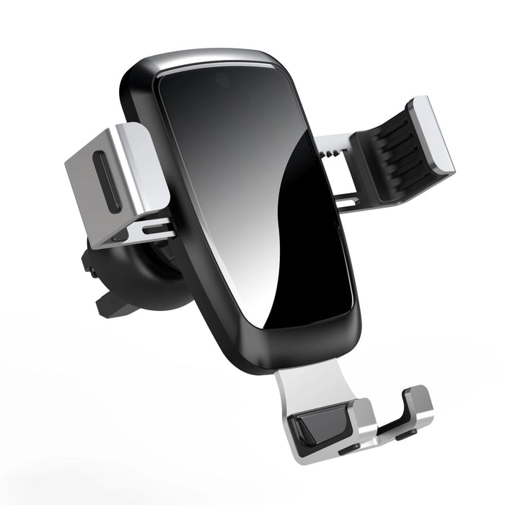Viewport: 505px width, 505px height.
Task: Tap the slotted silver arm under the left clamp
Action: point(141,230)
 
